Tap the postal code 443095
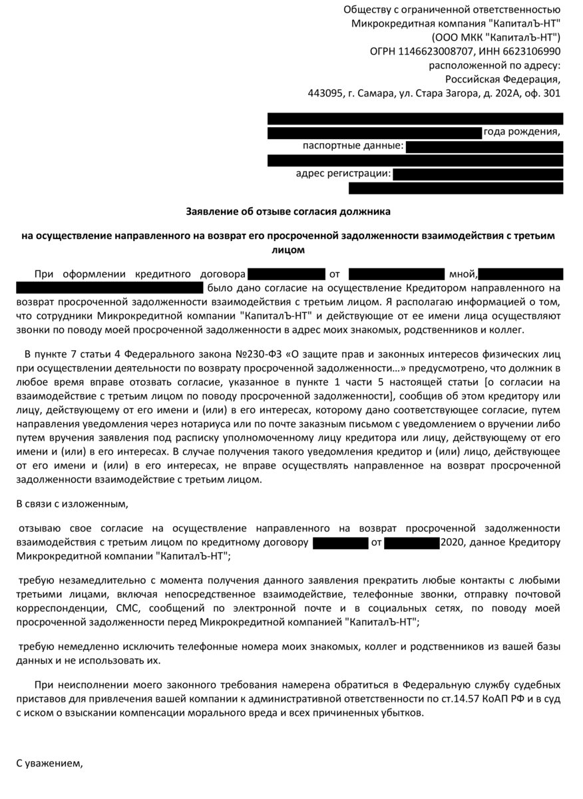[324, 93]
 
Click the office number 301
[552, 93]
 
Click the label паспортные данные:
[353, 146]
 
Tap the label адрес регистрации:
[343, 174]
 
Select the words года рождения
[522, 132]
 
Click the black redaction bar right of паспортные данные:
[485, 146]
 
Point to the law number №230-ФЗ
[256, 352]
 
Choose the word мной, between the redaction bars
[463, 274]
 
